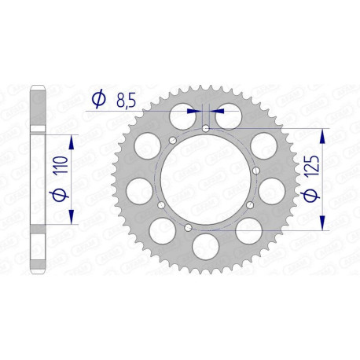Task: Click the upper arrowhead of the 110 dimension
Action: (x=73, y=141)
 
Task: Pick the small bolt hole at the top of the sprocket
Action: (x=205, y=128)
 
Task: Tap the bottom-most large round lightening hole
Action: (x=205, y=241)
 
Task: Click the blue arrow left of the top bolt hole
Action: (x=192, y=112)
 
